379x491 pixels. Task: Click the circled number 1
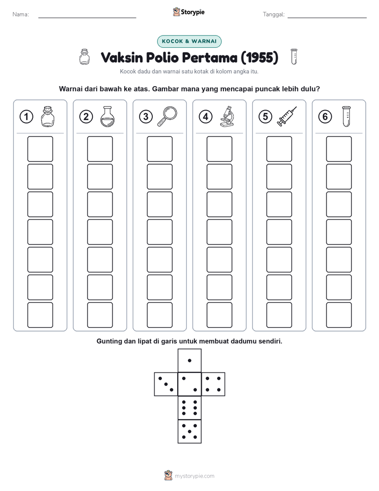pos(26,117)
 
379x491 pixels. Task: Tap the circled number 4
pos(205,117)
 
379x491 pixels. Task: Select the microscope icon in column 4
pos(227,116)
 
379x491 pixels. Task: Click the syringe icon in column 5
pos(287,116)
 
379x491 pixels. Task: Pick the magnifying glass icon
pos(167,116)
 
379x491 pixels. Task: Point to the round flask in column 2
pos(107,116)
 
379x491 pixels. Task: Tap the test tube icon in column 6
pos(346,116)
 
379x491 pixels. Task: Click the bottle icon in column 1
pos(48,116)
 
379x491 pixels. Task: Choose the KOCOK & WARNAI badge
pos(189,41)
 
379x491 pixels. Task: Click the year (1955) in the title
pos(259,57)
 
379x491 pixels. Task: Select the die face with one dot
pos(189,360)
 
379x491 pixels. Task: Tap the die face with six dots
pos(189,408)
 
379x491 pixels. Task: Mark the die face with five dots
pos(189,431)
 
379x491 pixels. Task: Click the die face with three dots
pos(166,384)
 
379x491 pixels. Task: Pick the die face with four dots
pos(213,384)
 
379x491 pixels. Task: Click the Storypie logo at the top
pos(188,12)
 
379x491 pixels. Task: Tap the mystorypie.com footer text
pos(194,476)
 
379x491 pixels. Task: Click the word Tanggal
pos(273,14)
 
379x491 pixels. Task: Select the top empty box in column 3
pos(159,149)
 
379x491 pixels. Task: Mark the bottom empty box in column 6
pos(339,315)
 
